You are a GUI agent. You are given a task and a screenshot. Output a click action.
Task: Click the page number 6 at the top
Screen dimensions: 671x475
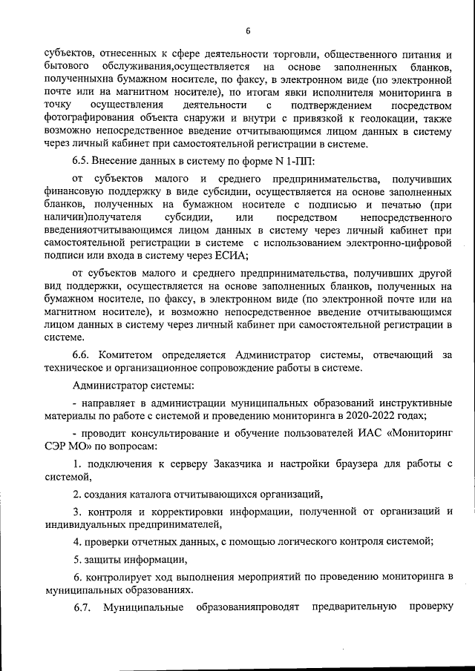(x=248, y=30)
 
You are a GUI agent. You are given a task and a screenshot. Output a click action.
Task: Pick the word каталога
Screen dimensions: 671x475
(x=157, y=493)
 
